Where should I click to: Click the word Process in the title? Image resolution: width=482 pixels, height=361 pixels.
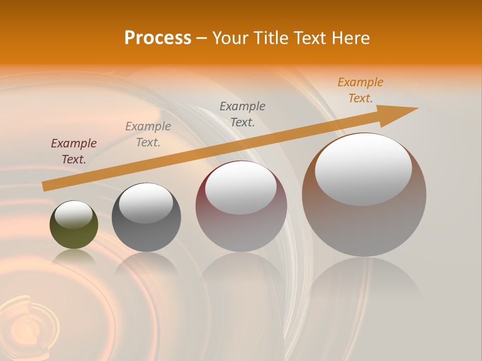tap(158, 38)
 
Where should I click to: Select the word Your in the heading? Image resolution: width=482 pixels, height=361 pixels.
tap(229, 38)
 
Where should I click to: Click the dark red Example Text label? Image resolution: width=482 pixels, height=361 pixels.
tap(74, 151)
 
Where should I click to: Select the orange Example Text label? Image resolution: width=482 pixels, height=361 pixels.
tap(360, 90)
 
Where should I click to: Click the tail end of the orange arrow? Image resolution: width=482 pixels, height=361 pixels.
tap(45, 186)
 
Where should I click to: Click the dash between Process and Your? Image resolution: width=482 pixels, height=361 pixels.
tap(201, 38)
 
